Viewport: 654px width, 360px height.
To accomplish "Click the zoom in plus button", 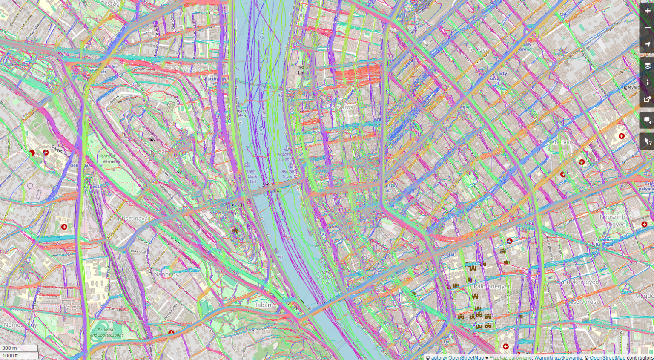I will [647, 11].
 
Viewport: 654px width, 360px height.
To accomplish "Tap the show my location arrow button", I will [647, 44].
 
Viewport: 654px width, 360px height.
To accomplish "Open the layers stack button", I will [647, 66].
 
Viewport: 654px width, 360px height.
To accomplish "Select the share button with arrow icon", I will [647, 99].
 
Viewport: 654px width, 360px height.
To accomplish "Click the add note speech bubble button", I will [647, 121].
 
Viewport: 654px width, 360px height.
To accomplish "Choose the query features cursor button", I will [647, 141].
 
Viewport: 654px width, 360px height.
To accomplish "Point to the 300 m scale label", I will [10, 348].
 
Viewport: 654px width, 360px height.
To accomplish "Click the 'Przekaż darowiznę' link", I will [510, 358].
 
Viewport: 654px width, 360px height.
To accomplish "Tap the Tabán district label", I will [263, 305].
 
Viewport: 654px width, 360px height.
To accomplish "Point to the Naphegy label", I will [166, 274].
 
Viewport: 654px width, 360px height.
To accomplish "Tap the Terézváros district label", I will [479, 49].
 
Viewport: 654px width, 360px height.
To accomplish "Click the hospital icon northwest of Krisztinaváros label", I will [64, 227].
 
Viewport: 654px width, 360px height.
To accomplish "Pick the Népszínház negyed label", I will [615, 221].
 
